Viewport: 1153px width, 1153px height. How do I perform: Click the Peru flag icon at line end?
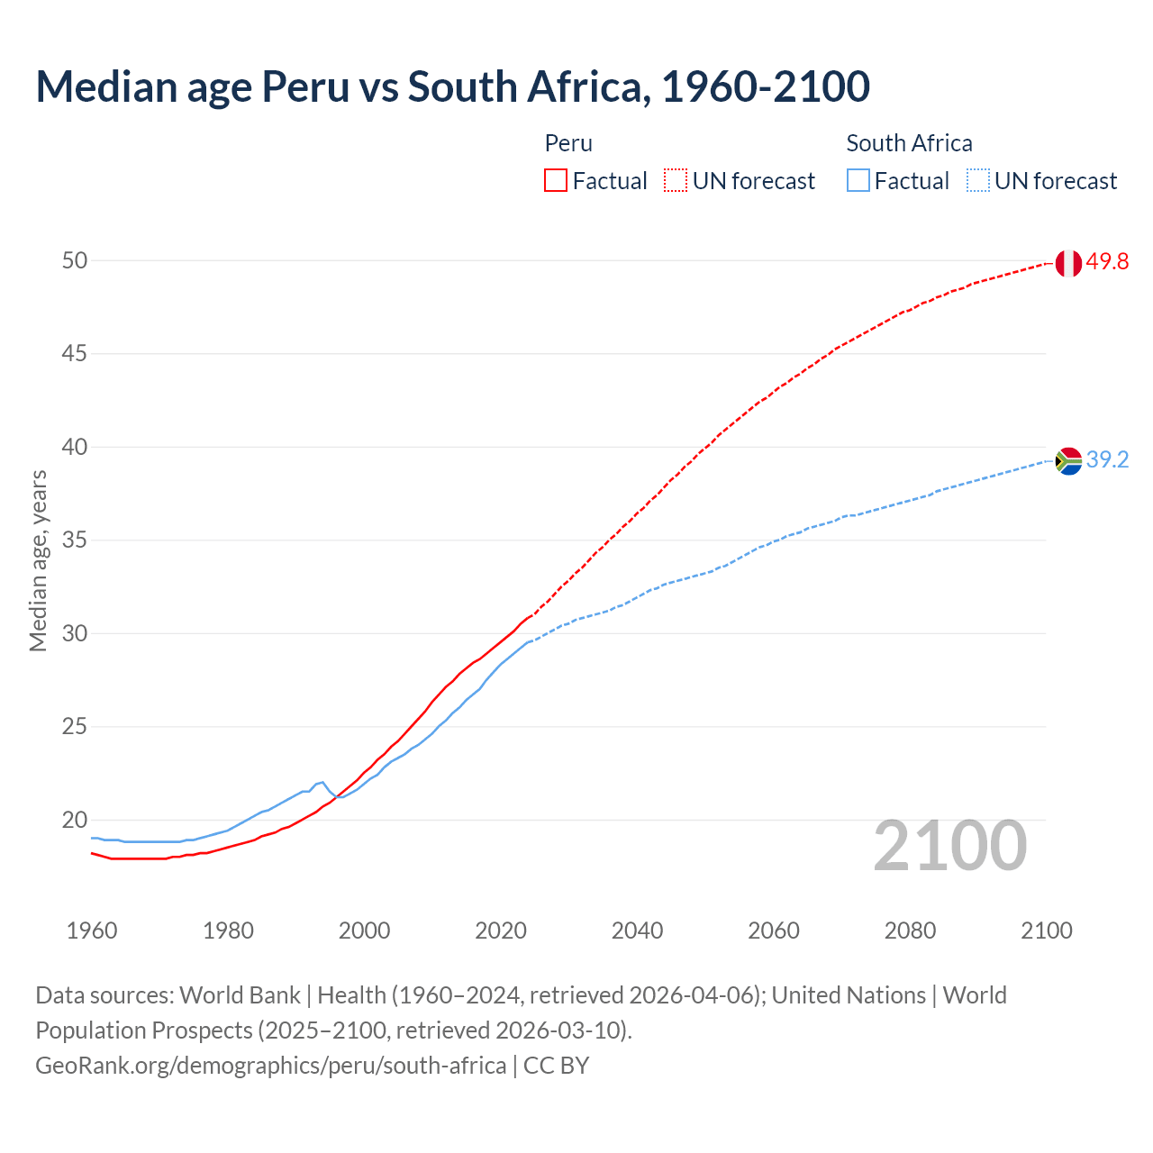(1068, 263)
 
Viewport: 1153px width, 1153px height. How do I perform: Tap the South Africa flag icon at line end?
(1068, 460)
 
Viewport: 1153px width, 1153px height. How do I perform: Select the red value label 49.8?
(1107, 262)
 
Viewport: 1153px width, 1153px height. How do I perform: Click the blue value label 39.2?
(1107, 459)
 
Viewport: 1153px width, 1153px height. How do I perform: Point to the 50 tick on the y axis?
(75, 260)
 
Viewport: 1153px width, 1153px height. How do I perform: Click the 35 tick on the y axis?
(75, 540)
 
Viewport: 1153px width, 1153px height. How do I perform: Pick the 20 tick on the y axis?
(75, 820)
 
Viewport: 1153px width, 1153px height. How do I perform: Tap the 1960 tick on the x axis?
(92, 931)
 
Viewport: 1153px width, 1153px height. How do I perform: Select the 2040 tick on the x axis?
(637, 931)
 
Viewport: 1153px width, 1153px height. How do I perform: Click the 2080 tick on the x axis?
(910, 931)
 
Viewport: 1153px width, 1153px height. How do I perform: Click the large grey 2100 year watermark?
(950, 845)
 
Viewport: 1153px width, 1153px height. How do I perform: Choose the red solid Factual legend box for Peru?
(556, 181)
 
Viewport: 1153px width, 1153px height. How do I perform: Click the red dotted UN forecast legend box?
(676, 181)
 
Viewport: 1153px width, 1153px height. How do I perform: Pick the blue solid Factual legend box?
(858, 181)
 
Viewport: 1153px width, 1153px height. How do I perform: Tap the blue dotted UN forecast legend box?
(978, 181)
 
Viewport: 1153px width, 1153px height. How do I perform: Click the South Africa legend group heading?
(909, 143)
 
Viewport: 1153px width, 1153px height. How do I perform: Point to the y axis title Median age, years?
(38, 560)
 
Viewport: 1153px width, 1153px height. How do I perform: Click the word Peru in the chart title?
(304, 86)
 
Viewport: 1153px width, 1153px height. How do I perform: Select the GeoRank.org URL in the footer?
(270, 1066)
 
